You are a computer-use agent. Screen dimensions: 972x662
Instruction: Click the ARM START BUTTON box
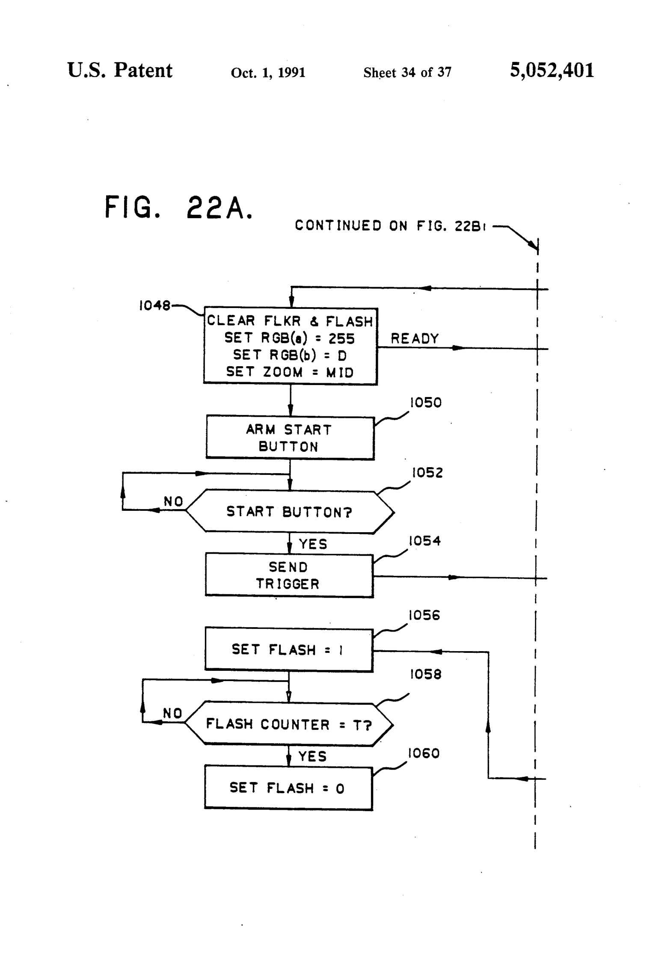290,438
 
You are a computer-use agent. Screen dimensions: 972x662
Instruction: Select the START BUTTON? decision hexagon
290,511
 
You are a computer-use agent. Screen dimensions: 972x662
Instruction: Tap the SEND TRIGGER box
289,575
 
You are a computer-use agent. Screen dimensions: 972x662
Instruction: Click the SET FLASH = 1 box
288,649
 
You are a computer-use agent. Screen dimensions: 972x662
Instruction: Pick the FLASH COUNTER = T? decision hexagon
288,724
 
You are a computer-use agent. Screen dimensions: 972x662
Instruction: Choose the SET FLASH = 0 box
288,788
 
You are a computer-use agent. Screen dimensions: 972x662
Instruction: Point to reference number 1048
154,305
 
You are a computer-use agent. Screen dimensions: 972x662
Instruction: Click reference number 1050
425,403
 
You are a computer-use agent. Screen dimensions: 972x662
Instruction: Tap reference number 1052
427,473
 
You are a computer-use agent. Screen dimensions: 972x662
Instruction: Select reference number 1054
425,541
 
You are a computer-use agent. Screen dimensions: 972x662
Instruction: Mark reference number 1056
424,615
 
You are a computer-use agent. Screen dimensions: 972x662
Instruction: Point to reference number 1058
425,674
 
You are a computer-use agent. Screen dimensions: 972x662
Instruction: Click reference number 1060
424,753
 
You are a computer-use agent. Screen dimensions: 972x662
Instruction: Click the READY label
414,339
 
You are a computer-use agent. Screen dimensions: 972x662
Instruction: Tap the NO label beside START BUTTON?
173,501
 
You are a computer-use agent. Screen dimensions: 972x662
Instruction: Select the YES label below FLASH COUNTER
312,756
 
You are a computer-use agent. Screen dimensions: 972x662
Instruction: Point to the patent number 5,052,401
552,71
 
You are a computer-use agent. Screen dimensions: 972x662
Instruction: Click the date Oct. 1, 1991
268,73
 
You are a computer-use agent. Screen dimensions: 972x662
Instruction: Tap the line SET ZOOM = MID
290,372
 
